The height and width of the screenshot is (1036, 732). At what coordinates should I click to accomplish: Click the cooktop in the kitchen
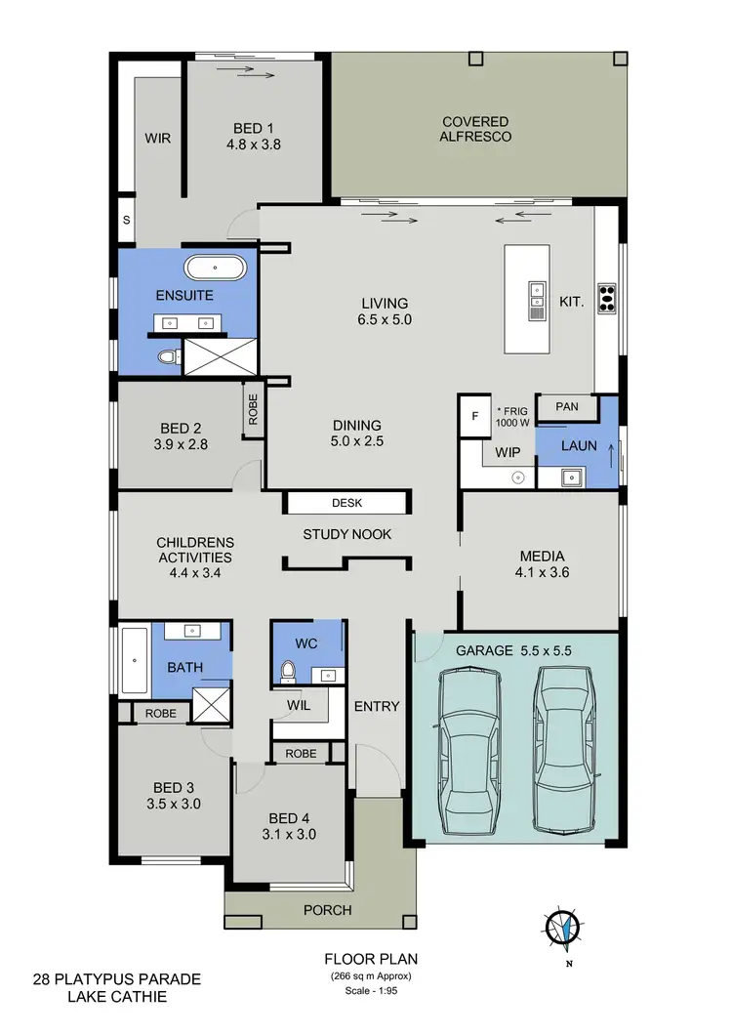click(606, 296)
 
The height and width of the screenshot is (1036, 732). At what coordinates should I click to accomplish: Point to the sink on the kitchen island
click(536, 300)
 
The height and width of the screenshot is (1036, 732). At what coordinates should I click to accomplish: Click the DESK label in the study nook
click(346, 503)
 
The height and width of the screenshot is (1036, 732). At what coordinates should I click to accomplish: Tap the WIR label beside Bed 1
click(158, 139)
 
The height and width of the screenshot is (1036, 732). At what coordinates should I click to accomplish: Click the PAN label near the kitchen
click(567, 406)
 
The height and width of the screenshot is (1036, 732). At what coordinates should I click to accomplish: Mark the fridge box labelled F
click(475, 416)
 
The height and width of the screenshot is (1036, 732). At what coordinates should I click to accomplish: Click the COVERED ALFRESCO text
click(476, 129)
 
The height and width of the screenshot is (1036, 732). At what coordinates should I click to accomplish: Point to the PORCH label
click(328, 910)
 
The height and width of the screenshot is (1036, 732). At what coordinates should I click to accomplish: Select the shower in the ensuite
click(220, 356)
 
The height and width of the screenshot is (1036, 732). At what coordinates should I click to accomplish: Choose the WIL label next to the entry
click(298, 703)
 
